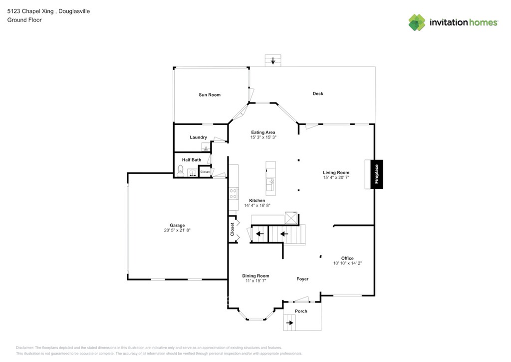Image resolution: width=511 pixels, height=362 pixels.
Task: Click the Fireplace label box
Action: point(377,174)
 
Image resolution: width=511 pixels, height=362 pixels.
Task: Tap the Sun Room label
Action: point(210,94)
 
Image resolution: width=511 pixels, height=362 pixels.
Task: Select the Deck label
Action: point(318,93)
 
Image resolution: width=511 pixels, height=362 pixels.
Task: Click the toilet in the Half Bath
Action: point(180,170)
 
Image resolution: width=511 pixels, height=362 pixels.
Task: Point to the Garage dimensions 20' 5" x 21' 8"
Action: point(177,230)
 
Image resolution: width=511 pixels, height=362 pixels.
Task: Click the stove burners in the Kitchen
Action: point(233,193)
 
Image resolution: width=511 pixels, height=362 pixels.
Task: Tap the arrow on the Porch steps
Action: point(290,323)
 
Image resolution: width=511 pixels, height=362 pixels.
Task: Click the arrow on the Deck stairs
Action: point(273,60)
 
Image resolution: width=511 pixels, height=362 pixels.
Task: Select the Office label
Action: point(347,258)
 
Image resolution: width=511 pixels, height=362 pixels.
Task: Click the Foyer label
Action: point(302,279)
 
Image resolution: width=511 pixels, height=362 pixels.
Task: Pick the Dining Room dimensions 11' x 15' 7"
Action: point(256,280)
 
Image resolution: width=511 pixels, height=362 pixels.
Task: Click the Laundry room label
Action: point(198,137)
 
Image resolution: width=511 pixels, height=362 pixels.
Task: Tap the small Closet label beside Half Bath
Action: point(205,171)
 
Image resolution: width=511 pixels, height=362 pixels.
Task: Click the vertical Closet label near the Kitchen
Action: point(232,229)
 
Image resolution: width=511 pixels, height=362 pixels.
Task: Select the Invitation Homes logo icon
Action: point(417,22)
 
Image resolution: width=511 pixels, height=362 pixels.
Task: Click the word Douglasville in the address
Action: point(74,11)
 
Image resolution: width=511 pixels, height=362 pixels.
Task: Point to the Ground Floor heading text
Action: point(24,20)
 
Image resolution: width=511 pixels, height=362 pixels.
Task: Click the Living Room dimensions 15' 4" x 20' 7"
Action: point(336,177)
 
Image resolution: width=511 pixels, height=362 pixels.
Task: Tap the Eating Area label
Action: point(263,132)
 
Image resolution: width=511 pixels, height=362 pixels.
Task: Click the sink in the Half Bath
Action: point(192,172)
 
